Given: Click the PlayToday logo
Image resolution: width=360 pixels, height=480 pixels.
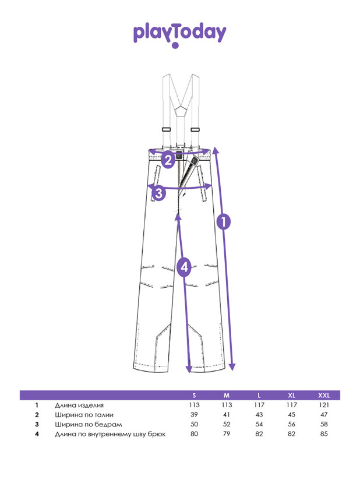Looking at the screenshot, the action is click(179, 35).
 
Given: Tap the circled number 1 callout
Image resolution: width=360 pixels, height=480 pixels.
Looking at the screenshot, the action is click(224, 221).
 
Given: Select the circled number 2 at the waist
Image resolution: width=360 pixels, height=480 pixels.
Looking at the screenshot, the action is click(168, 160).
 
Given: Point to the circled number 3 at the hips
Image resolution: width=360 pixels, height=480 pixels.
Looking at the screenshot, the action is click(159, 193).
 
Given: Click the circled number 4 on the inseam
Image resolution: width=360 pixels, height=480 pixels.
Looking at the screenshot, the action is click(184, 267).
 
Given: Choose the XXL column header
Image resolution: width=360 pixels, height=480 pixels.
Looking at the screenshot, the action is click(324, 396).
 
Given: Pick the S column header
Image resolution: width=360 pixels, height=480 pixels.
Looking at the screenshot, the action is click(194, 396).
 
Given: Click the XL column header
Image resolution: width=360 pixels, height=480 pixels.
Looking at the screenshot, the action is click(291, 396).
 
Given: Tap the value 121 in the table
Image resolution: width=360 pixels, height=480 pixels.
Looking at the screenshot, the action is click(324, 405).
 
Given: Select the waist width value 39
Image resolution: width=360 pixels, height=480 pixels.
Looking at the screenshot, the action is click(194, 415).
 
